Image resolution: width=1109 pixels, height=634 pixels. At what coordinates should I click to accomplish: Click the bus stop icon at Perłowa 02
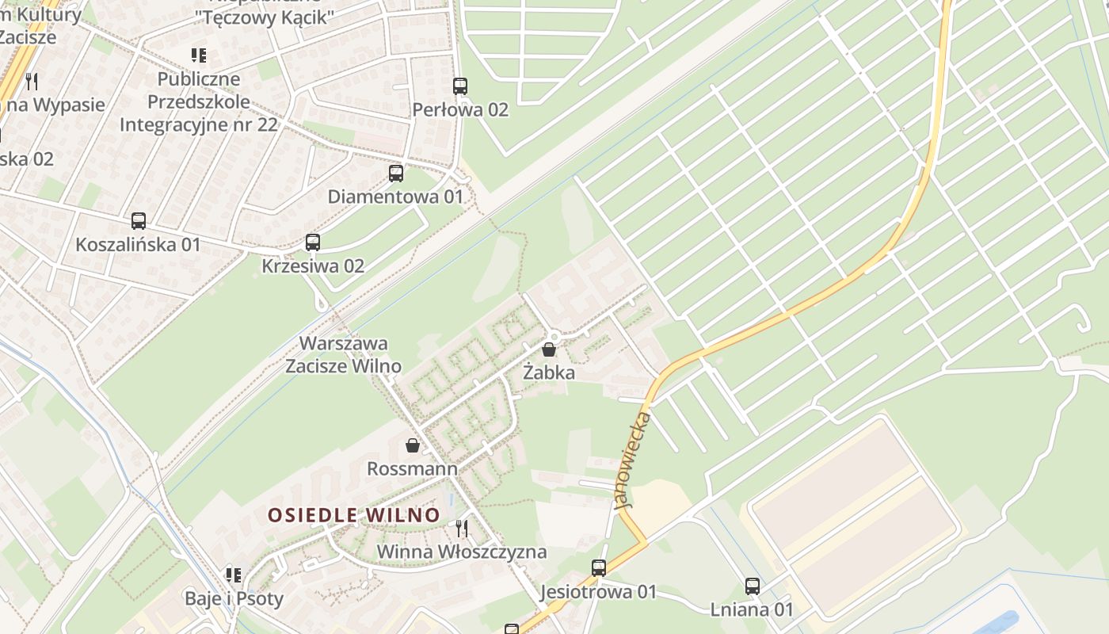460,86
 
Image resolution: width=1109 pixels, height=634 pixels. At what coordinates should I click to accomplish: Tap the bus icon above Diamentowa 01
396,174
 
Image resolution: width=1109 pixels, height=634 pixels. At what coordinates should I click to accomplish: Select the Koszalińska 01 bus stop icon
139,221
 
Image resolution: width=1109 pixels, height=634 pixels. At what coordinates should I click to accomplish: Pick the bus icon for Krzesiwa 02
313,243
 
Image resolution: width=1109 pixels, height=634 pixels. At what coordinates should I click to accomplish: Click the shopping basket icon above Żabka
549,349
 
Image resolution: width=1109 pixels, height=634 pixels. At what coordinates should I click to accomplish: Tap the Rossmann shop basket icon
413,445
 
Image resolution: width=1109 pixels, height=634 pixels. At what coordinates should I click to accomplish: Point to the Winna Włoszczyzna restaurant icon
462,528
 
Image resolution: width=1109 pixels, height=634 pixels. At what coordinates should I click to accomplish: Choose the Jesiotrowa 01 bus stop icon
599,568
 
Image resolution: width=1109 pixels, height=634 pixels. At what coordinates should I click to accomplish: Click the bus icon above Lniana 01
753,586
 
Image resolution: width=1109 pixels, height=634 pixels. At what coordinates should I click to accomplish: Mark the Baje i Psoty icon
233,575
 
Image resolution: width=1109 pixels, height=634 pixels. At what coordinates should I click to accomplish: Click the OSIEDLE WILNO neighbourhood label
353,515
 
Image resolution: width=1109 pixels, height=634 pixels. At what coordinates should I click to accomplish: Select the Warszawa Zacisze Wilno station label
343,354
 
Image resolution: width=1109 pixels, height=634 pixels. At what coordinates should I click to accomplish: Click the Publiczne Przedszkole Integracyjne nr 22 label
199,101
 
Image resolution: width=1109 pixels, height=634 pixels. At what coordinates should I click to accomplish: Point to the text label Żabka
549,372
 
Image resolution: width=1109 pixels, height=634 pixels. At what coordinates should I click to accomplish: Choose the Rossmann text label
412,469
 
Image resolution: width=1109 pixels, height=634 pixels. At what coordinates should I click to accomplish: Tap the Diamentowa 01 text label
395,197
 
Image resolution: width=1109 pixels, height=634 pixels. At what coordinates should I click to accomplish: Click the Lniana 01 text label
752,609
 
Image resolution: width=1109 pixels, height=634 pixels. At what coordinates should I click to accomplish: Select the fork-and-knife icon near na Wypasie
32,80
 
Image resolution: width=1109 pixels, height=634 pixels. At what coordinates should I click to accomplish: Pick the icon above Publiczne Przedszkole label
199,55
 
